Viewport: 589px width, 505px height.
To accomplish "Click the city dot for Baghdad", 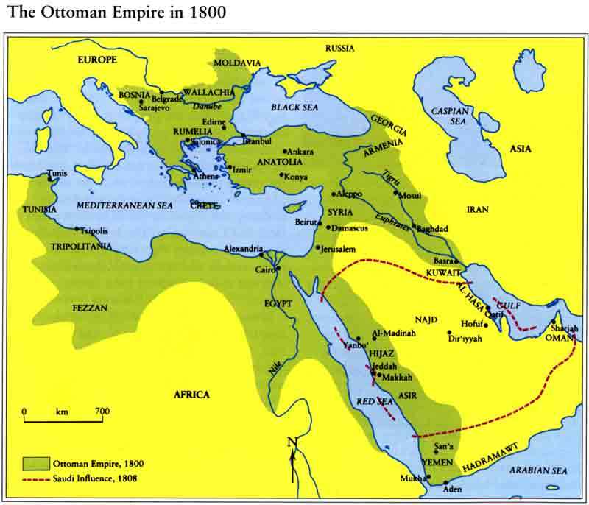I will pos(414,227).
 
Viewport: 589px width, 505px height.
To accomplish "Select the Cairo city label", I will pos(265,269).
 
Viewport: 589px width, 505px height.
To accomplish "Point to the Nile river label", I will pos(276,364).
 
